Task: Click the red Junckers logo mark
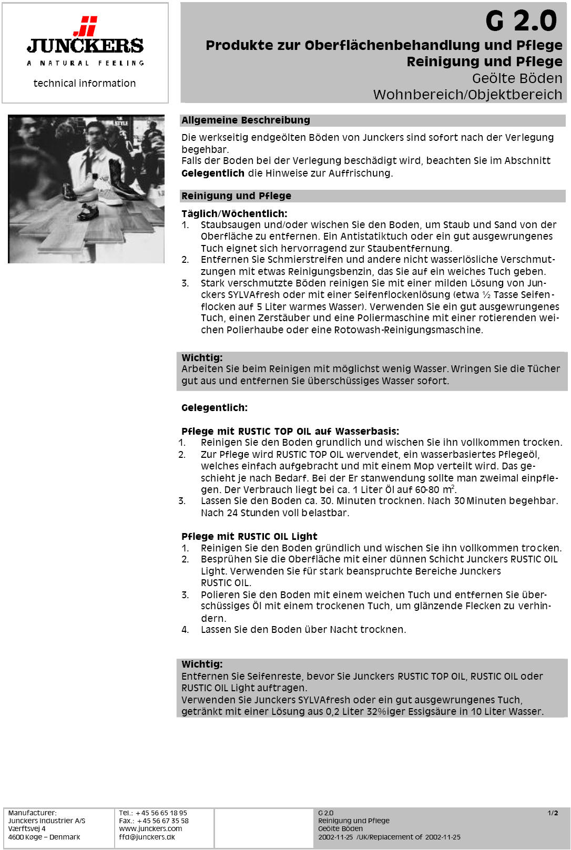click(x=86, y=26)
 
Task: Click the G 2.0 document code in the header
click(x=521, y=21)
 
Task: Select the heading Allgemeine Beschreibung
click(x=246, y=120)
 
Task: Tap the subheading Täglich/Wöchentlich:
click(x=234, y=213)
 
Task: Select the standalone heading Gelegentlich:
click(x=214, y=407)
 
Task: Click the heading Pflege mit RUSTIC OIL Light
click(x=249, y=536)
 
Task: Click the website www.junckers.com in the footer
click(x=150, y=829)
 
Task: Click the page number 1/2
click(x=553, y=813)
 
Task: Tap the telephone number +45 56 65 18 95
click(x=161, y=813)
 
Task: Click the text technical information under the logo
click(x=85, y=83)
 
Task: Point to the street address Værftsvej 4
click(x=27, y=829)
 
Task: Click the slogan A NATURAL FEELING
click(x=85, y=63)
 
